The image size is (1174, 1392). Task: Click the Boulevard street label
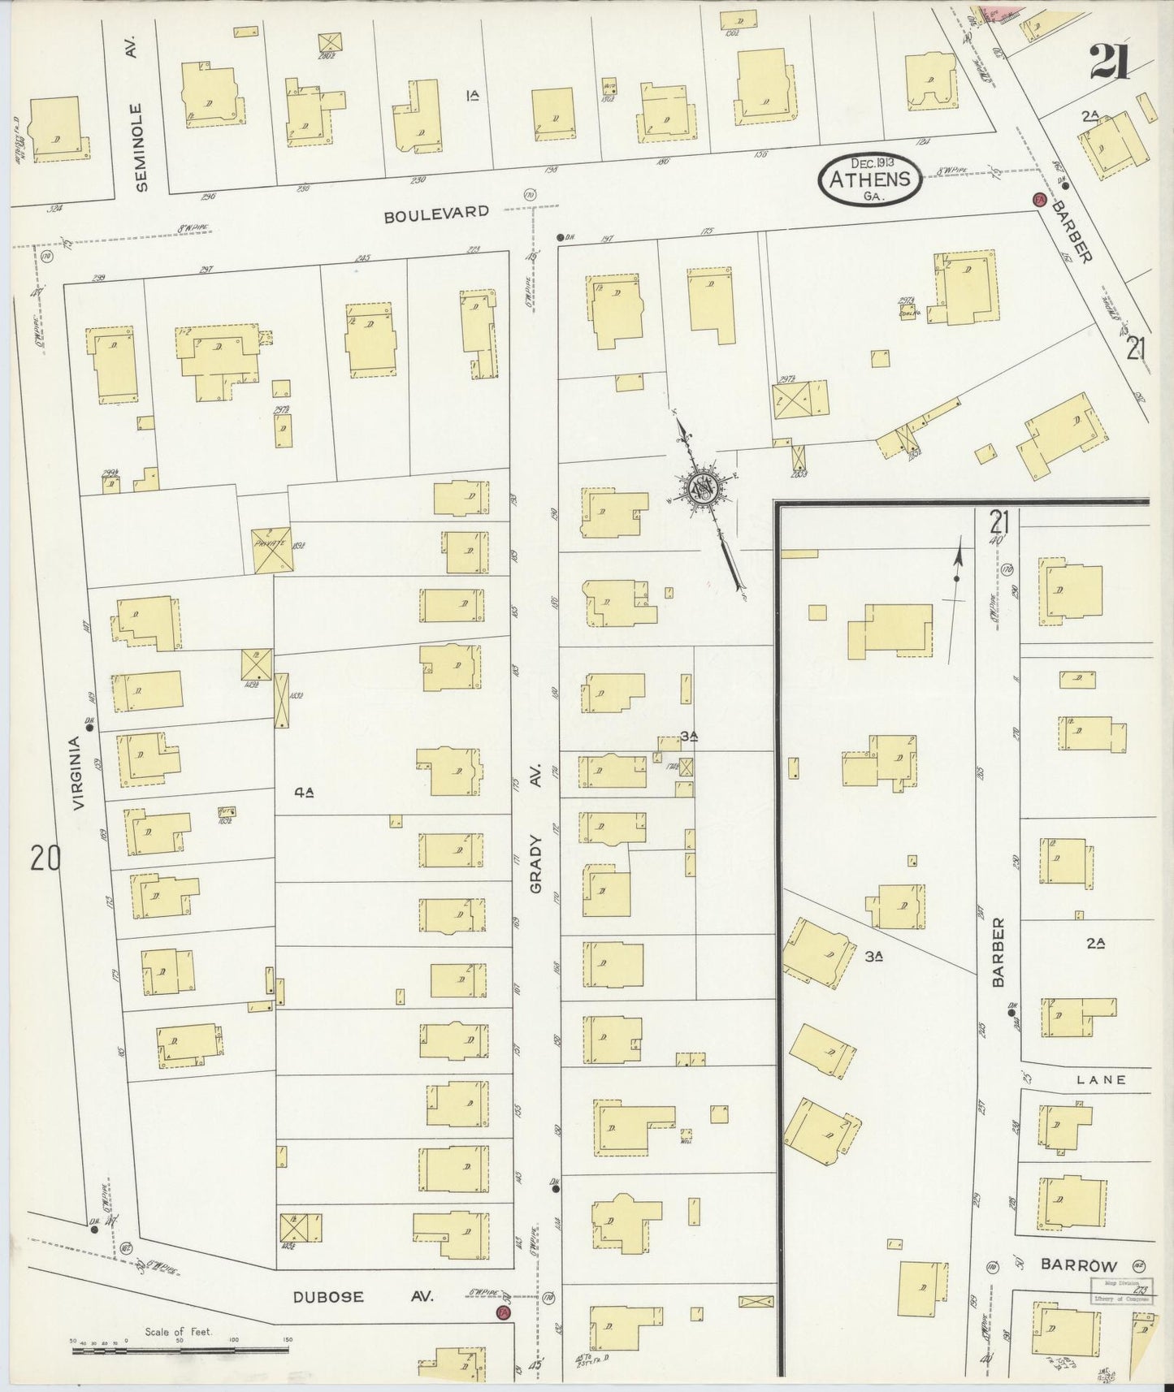pos(436,214)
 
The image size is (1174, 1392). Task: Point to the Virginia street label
pos(78,772)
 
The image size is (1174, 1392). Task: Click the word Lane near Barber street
pos(1101,1079)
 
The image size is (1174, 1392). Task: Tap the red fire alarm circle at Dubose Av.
pos(505,1313)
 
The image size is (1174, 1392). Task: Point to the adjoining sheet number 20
pos(45,858)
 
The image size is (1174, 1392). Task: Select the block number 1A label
pos(472,96)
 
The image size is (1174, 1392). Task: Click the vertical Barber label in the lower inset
pos(998,952)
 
